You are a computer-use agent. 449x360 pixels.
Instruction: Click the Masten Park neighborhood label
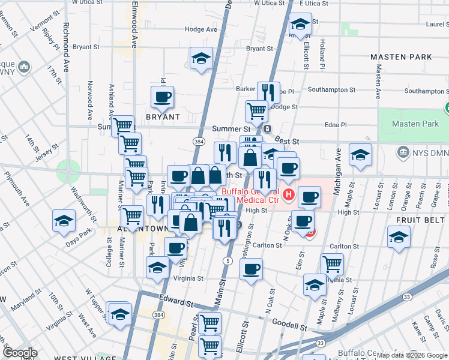pyautogui.click(x=401, y=57)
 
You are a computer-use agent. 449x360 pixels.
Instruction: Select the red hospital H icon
pyautogui.click(x=289, y=194)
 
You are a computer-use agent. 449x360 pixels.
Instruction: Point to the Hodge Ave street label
pyautogui.click(x=201, y=29)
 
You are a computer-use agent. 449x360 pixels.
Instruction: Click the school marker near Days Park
pyautogui.click(x=64, y=220)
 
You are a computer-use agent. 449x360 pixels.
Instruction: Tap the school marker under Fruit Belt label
pyautogui.click(x=399, y=236)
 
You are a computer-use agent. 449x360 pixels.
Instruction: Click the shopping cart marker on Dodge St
pyautogui.click(x=257, y=110)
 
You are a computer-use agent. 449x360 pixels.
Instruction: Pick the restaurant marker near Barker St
pyautogui.click(x=268, y=91)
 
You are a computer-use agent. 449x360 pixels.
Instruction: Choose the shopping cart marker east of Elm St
pyautogui.click(x=332, y=263)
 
